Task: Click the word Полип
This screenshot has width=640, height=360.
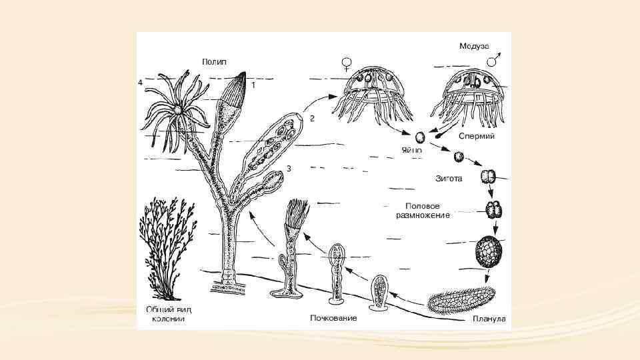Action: point(214,61)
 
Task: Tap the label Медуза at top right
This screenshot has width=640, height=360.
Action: point(474,46)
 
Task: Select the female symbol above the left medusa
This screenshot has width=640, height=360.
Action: point(347,64)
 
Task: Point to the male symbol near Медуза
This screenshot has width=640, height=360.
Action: point(495,59)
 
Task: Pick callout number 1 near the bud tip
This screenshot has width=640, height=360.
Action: point(253,85)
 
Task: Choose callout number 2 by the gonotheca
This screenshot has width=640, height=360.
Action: point(311,118)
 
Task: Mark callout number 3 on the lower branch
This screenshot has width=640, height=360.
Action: point(289,168)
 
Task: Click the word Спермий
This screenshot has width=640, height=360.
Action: point(476,135)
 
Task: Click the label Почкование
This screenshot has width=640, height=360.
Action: point(333,318)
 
